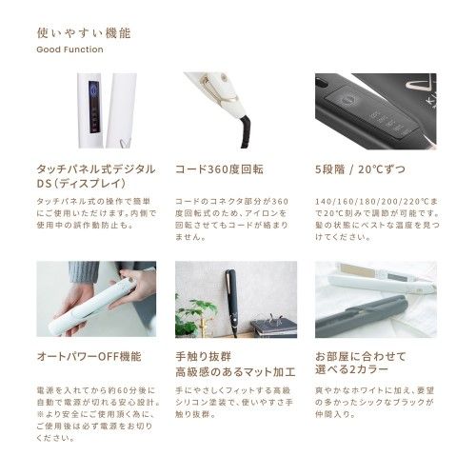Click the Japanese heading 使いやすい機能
pyautogui.click(x=84, y=33)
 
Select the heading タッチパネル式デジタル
pyautogui.click(x=94, y=169)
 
